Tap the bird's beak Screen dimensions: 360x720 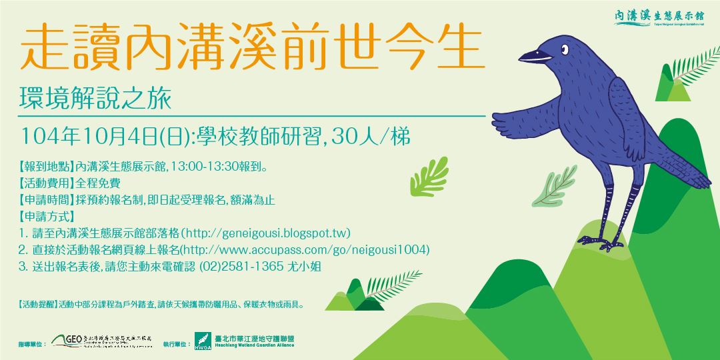[x=533, y=56]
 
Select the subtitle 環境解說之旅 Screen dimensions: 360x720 [x=96, y=99]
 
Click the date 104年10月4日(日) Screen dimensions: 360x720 [x=106, y=137]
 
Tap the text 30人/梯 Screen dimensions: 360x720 [x=369, y=137]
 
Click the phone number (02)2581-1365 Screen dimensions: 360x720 [x=249, y=266]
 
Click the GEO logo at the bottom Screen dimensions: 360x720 [x=67, y=341]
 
